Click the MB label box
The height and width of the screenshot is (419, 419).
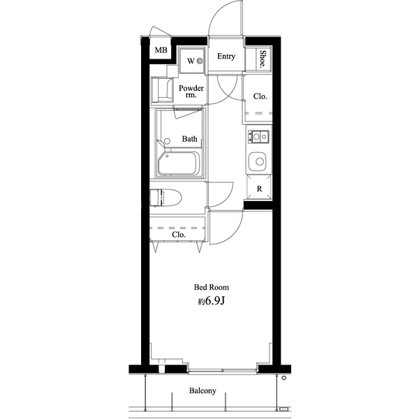[161, 50]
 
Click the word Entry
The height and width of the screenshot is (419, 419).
[226, 57]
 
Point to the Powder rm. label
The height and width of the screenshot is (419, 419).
[191, 91]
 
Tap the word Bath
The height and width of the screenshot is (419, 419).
[190, 139]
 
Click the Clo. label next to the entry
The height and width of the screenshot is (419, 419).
[260, 96]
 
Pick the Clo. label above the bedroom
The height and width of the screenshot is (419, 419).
[179, 235]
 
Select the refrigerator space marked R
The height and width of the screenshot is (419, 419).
[259, 189]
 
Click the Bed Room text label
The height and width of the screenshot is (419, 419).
[211, 287]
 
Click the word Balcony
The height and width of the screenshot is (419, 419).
[203, 391]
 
